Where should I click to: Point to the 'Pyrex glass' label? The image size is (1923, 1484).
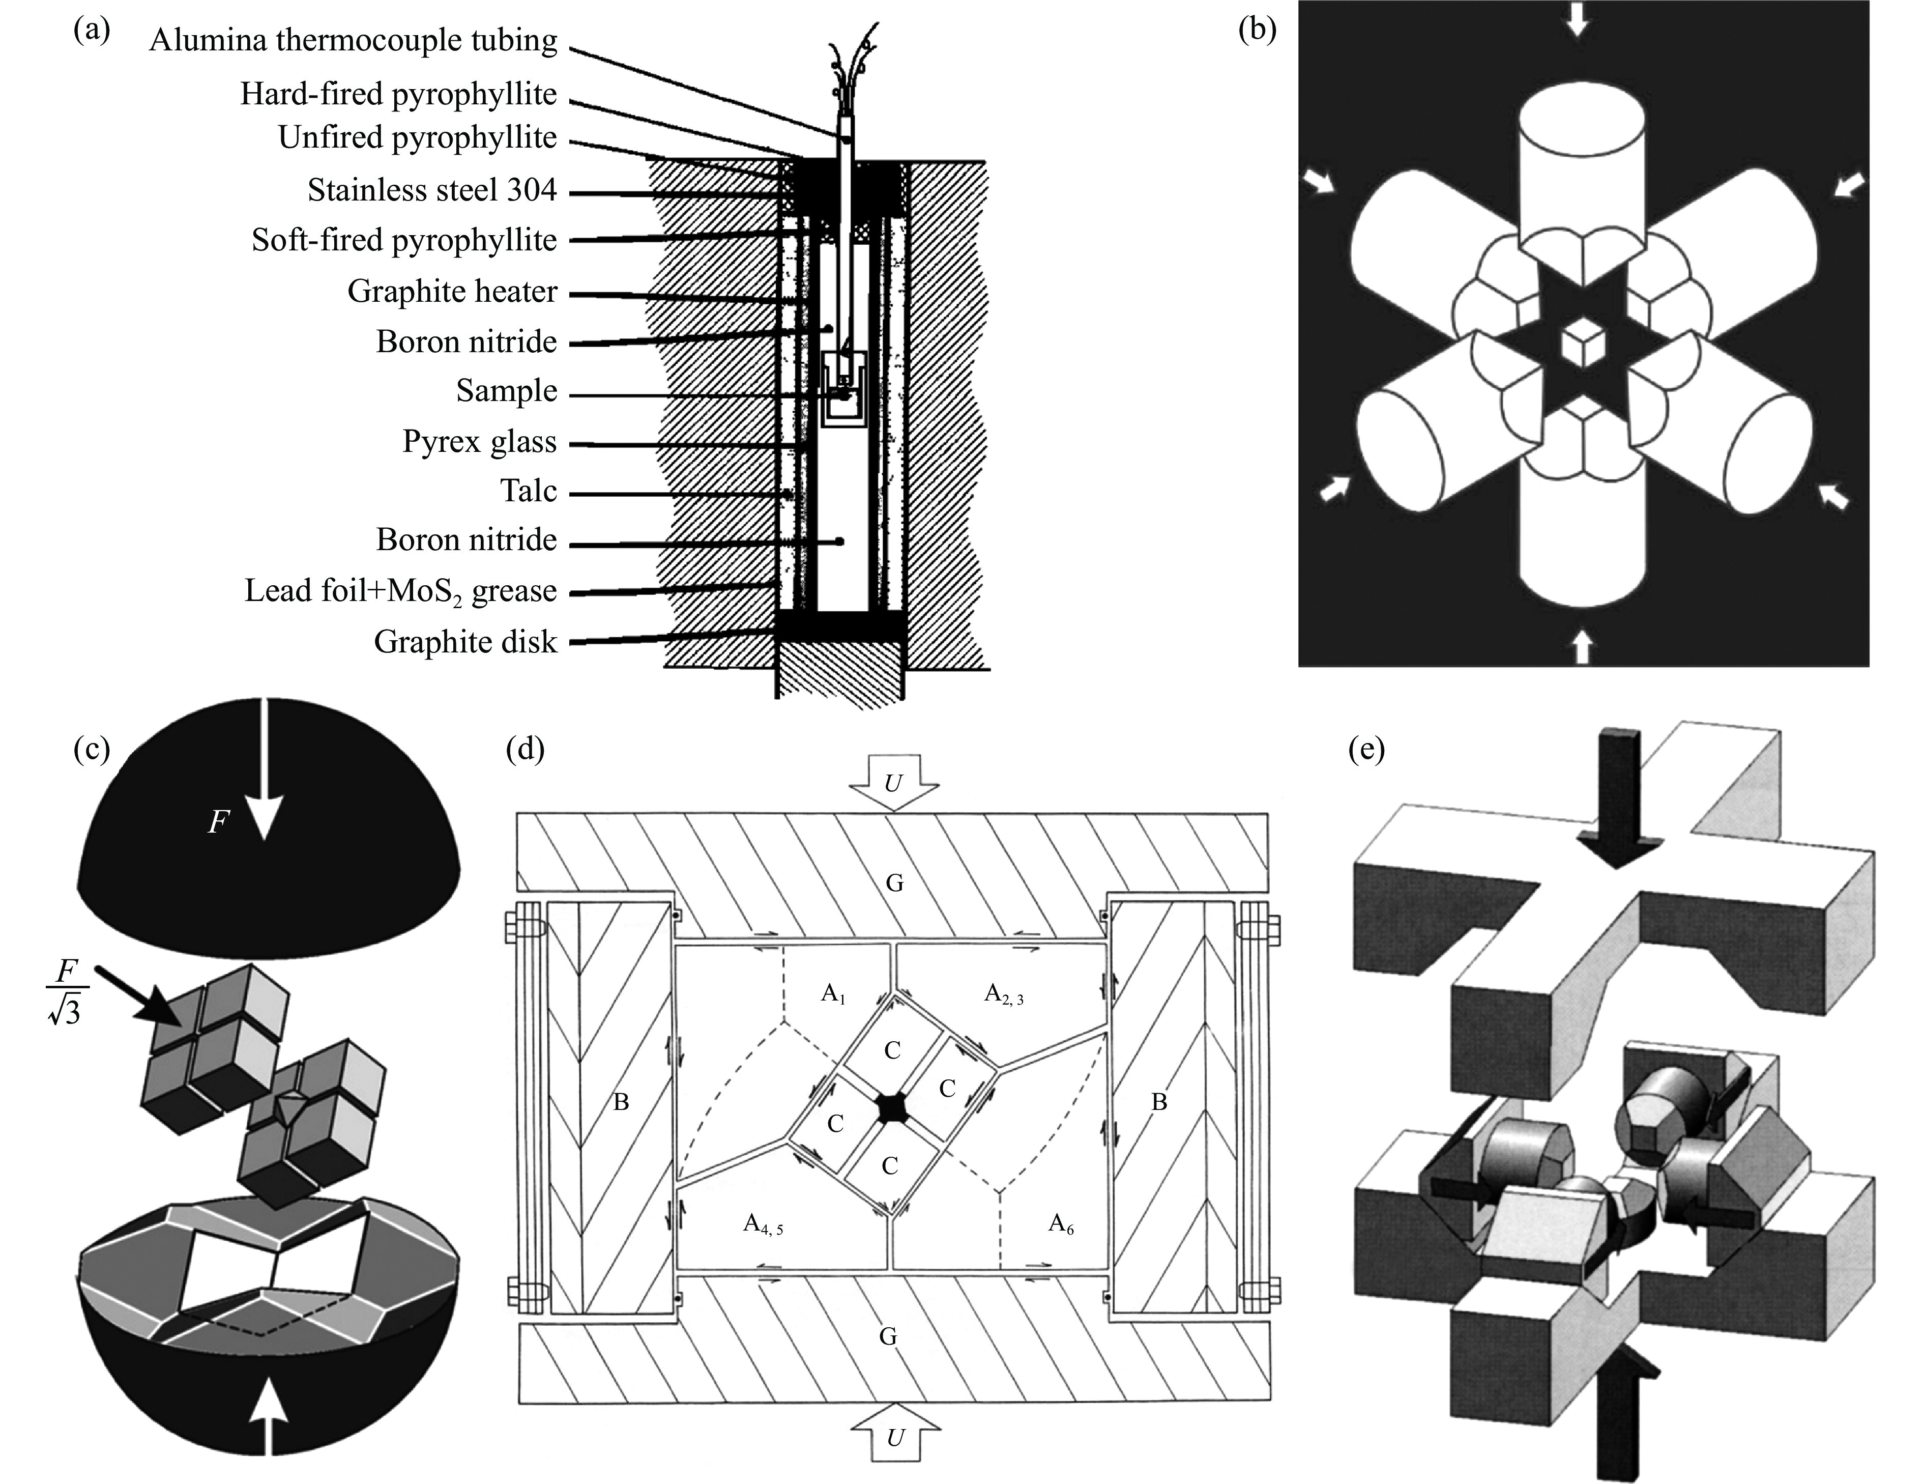tap(479, 441)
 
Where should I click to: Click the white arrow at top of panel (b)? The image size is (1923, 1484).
tap(1577, 19)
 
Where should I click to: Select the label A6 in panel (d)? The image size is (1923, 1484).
tap(1061, 1223)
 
